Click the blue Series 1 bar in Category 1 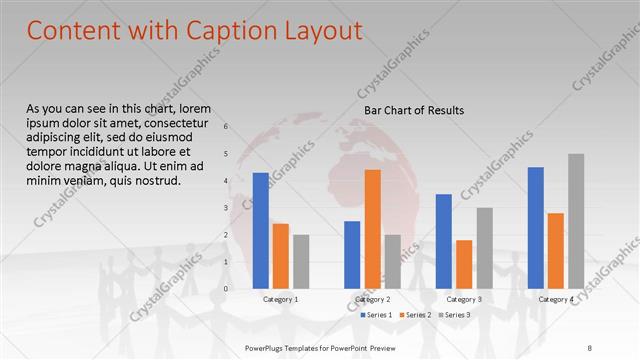pyautogui.click(x=261, y=230)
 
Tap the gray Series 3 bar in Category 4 pyautogui.click(x=576, y=221)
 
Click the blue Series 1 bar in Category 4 pyautogui.click(x=536, y=227)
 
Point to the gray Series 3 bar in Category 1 pyautogui.click(x=301, y=261)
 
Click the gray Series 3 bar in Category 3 pyautogui.click(x=484, y=248)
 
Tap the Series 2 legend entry pyautogui.click(x=416, y=315)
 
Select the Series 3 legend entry pyautogui.click(x=456, y=315)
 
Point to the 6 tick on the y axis pyautogui.click(x=226, y=126)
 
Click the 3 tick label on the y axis pyautogui.click(x=226, y=208)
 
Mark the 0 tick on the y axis pyautogui.click(x=226, y=289)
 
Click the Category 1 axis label pyautogui.click(x=280, y=299)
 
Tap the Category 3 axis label pyautogui.click(x=464, y=299)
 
